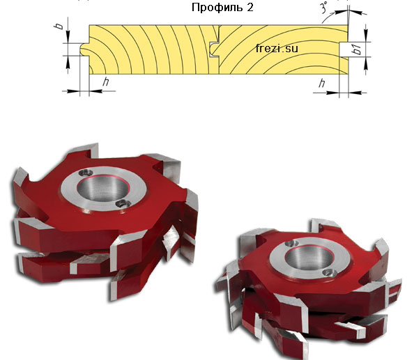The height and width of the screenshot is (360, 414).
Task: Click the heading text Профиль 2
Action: click(x=222, y=8)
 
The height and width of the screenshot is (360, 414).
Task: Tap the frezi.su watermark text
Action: click(x=277, y=48)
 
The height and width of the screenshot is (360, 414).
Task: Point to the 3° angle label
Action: click(x=323, y=8)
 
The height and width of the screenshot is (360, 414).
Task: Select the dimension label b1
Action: click(x=357, y=49)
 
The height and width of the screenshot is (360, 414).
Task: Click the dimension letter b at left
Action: click(x=60, y=25)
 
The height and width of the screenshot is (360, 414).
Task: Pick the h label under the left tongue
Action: click(x=106, y=81)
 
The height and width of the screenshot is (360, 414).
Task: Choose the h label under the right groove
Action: click(x=321, y=84)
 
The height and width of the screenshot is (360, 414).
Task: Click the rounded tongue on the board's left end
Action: click(x=84, y=49)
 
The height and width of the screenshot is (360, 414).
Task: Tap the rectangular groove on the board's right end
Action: click(x=343, y=49)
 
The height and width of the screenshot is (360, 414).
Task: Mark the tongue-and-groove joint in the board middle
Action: click(x=215, y=49)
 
